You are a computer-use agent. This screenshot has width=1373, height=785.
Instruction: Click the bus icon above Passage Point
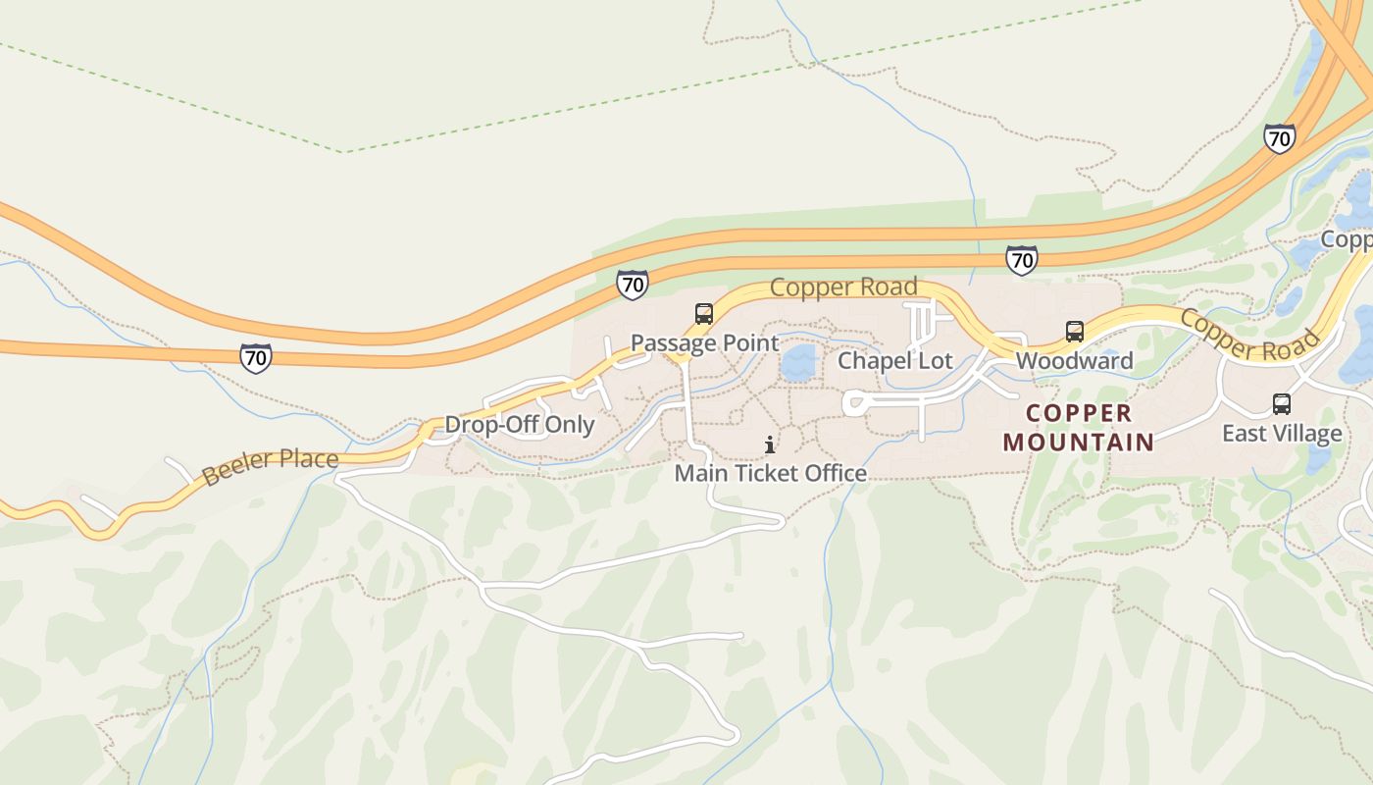point(703,314)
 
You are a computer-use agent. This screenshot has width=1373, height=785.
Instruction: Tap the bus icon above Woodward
point(1075,332)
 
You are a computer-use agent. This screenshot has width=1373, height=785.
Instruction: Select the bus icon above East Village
point(1281,404)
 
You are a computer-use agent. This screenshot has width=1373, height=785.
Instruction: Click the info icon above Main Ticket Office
point(770,445)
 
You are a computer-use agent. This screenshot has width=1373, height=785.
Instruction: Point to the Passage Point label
point(704,343)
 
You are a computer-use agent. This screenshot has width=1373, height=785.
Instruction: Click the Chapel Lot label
point(894,361)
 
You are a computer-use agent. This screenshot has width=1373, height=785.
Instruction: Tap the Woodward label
point(1074,361)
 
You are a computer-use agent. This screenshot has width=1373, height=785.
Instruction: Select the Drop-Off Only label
point(520,425)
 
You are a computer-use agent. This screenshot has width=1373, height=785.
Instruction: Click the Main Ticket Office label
point(770,473)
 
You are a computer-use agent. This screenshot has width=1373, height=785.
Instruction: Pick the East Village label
point(1281,434)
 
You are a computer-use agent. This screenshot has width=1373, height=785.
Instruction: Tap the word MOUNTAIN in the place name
point(1079,443)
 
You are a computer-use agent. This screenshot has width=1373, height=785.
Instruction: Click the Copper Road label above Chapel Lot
point(843,288)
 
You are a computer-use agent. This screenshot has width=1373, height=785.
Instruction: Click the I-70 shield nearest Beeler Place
point(255,357)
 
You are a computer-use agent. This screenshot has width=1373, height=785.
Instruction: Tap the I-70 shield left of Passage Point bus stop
point(633,285)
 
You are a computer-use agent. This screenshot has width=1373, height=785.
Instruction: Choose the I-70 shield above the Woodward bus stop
point(1021,260)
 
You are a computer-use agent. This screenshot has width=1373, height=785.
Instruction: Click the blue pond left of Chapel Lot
point(798,363)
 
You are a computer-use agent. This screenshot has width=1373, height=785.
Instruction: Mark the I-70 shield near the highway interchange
point(1279,138)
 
